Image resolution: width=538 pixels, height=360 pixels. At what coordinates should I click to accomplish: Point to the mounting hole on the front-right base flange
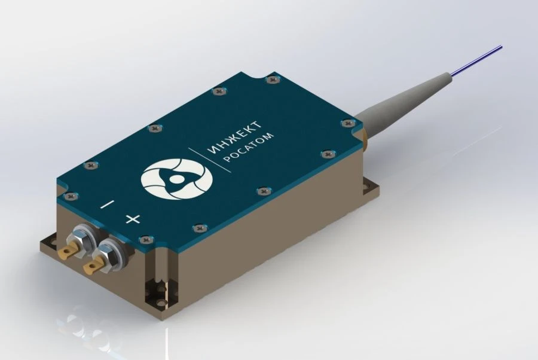(160, 292)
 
